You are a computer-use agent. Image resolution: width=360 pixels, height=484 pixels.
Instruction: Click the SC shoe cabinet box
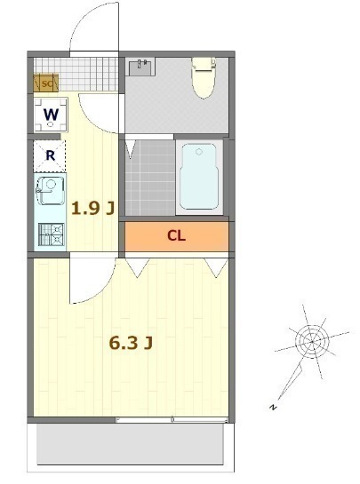point(45,83)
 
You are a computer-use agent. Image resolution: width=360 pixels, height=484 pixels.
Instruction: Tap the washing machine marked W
point(50,115)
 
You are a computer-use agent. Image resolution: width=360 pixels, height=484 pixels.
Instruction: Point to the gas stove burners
point(51,234)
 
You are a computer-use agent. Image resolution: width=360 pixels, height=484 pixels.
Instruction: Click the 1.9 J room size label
point(92,209)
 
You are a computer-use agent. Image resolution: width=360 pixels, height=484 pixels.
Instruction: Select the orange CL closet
point(176,236)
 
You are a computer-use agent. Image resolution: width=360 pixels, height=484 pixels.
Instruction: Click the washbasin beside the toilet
point(141,67)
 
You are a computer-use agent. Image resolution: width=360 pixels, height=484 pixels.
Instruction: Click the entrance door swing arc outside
point(93,27)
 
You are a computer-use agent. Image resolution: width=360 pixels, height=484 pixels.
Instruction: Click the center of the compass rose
point(311,340)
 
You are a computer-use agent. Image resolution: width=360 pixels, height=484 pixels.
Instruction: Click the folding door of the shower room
point(132,149)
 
